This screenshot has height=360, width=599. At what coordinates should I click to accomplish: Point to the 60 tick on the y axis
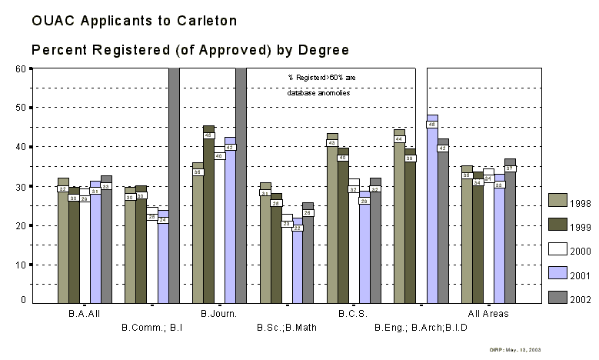[x=21, y=68]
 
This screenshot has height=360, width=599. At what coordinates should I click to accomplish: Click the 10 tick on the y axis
[x=21, y=265]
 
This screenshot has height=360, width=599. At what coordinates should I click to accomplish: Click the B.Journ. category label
[x=218, y=314]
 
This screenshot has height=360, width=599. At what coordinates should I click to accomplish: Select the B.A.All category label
[x=84, y=314]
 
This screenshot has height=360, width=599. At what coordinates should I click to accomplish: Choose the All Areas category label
[x=489, y=314]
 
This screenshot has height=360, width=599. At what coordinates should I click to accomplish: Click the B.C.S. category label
[x=353, y=314]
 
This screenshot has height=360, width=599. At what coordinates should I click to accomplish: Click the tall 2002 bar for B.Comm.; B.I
[x=174, y=185]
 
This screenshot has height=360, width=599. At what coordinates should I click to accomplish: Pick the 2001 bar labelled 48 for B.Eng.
[x=432, y=208]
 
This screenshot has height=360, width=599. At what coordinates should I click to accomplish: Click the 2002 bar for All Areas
[x=510, y=231]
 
